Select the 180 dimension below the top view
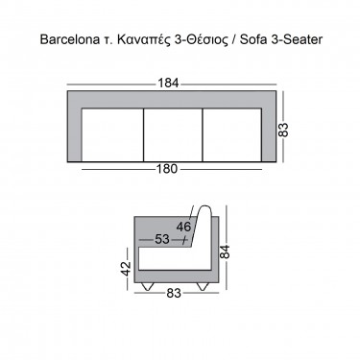pyautogui.click(x=172, y=173)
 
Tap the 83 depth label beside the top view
pyautogui.click(x=284, y=127)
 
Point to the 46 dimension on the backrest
pyautogui.click(x=183, y=227)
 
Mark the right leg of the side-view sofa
pyautogui.click(x=202, y=286)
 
